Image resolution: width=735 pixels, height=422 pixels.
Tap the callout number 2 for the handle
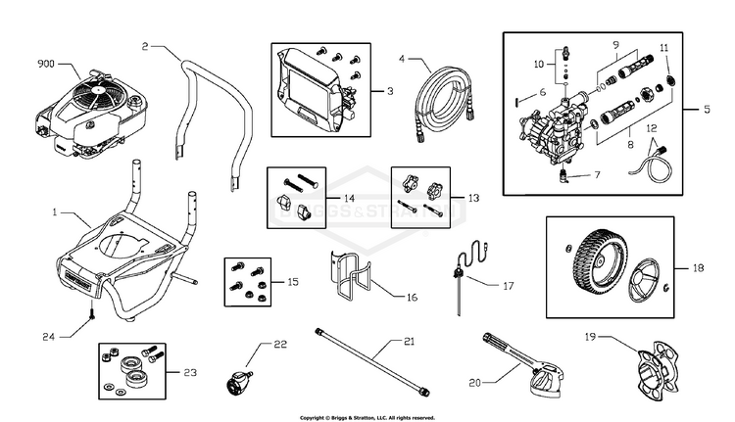[145, 46]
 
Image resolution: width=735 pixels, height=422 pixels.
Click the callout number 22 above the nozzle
[280, 344]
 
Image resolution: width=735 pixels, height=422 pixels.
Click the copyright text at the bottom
[367, 417]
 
